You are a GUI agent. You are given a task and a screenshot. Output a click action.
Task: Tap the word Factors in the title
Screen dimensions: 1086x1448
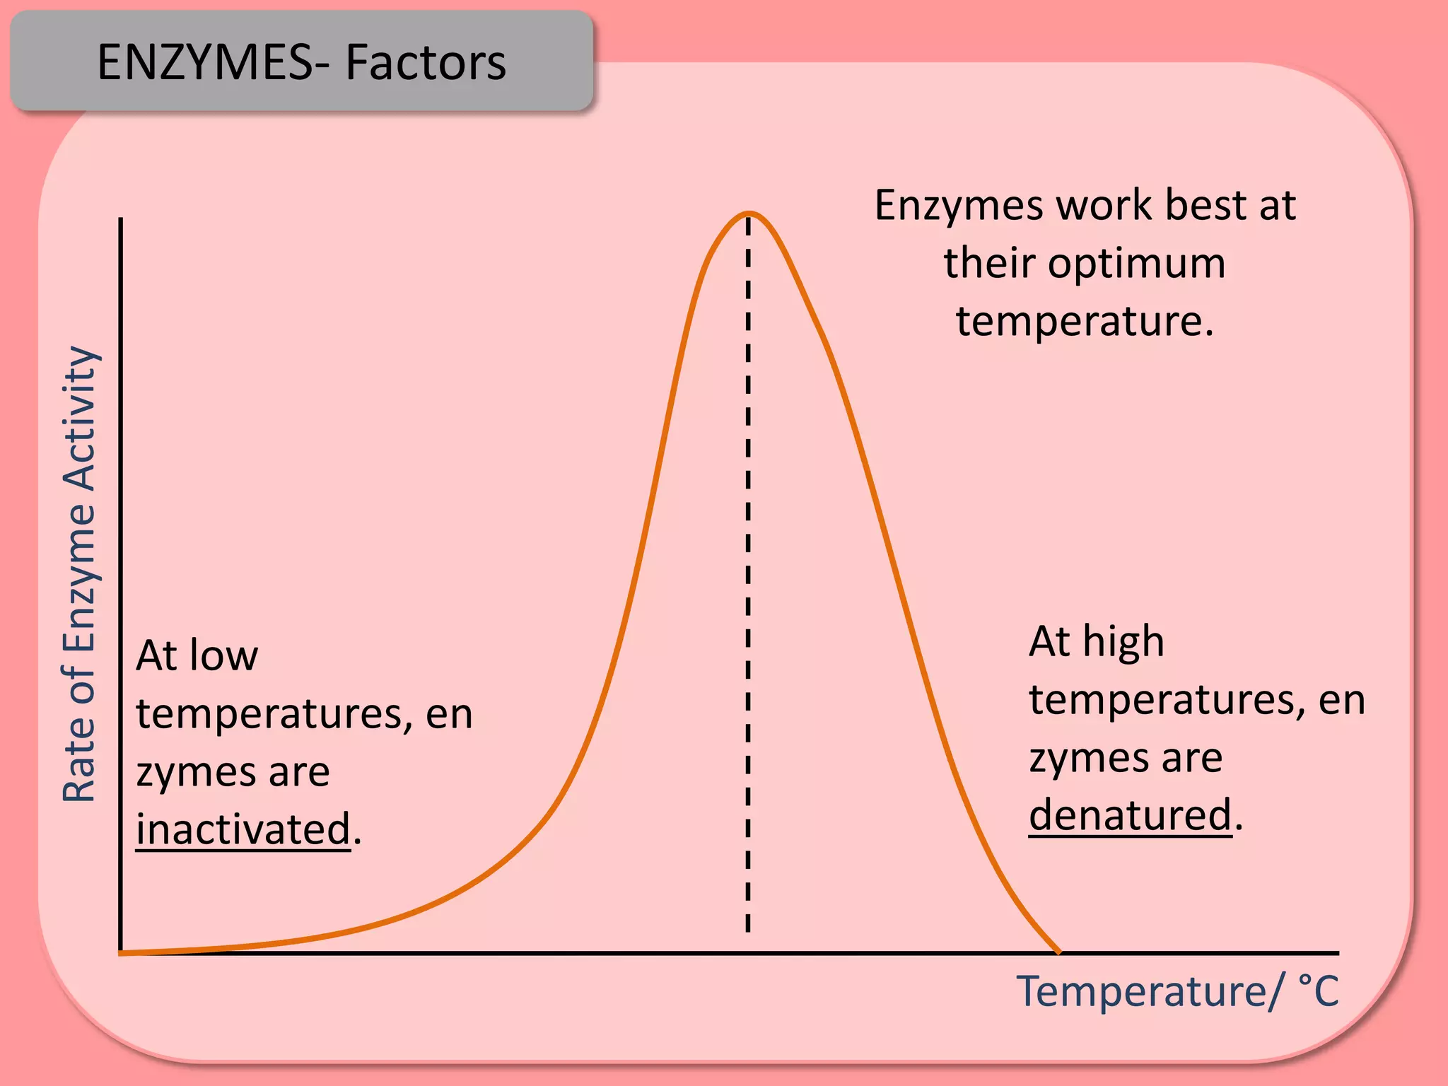pyautogui.click(x=426, y=62)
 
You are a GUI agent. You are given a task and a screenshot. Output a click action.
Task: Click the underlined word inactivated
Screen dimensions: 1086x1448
pyautogui.click(x=243, y=829)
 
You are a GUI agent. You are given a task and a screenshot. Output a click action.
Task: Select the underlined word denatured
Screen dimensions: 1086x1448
pyautogui.click(x=1130, y=814)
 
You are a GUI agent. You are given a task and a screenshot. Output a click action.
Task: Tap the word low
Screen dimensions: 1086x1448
pyautogui.click(x=226, y=655)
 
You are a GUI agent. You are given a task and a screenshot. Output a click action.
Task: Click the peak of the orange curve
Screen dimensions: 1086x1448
pyautogui.click(x=749, y=214)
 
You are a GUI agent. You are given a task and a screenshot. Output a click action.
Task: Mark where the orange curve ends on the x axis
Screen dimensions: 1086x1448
pyautogui.click(x=1058, y=952)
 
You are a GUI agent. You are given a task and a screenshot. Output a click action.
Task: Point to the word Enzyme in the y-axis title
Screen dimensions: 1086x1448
pyautogui.click(x=79, y=577)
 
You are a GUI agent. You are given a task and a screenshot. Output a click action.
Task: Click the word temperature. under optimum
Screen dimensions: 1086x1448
pyautogui.click(x=1085, y=321)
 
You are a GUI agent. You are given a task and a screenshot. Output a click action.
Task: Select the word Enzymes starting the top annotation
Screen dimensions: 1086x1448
pyautogui.click(x=959, y=205)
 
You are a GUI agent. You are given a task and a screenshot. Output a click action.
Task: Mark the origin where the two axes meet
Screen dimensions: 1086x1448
pyautogui.click(x=122, y=952)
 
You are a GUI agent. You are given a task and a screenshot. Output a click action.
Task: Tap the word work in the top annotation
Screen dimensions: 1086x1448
pyautogui.click(x=1104, y=205)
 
